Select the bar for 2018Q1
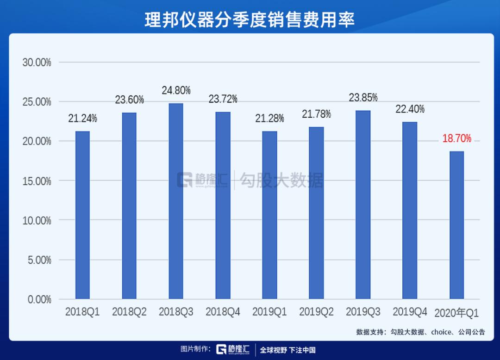point(82,215)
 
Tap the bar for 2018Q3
point(176,201)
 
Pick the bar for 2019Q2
point(316,213)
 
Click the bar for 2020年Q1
point(456,225)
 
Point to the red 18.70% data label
point(456,139)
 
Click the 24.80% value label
point(176,90)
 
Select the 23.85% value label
point(363,98)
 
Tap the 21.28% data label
point(269,118)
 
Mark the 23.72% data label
point(223,99)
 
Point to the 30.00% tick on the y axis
point(37,63)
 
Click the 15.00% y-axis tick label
point(37,181)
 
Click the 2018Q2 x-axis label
point(129,312)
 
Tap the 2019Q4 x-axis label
point(410,312)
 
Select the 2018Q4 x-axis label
point(223,312)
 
